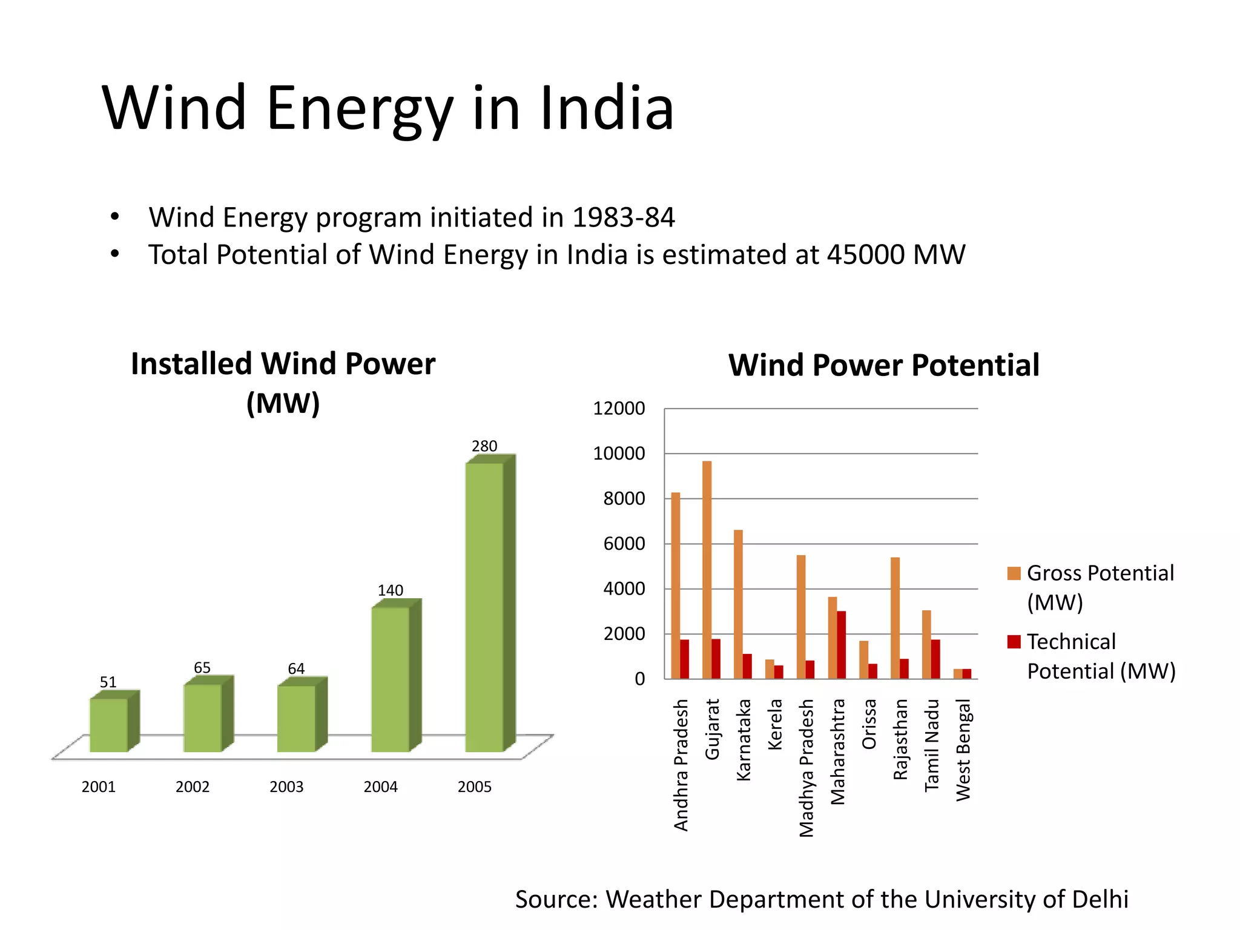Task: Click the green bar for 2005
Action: pos(484,605)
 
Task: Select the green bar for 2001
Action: pos(109,724)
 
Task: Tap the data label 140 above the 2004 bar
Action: pos(391,590)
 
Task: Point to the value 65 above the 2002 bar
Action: pos(202,667)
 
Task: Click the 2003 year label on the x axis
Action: pos(286,787)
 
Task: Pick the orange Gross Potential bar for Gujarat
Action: pos(707,569)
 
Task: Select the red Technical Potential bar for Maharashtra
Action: pos(842,645)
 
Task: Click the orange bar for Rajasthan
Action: pos(895,618)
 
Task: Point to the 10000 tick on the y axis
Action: pos(619,453)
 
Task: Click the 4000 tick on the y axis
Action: pos(624,589)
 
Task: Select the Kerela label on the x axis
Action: pos(775,724)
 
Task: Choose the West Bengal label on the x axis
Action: pos(963,750)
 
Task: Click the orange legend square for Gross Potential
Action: pos(1014,573)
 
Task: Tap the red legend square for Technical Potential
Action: pos(1014,642)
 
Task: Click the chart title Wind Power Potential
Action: pos(883,365)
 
